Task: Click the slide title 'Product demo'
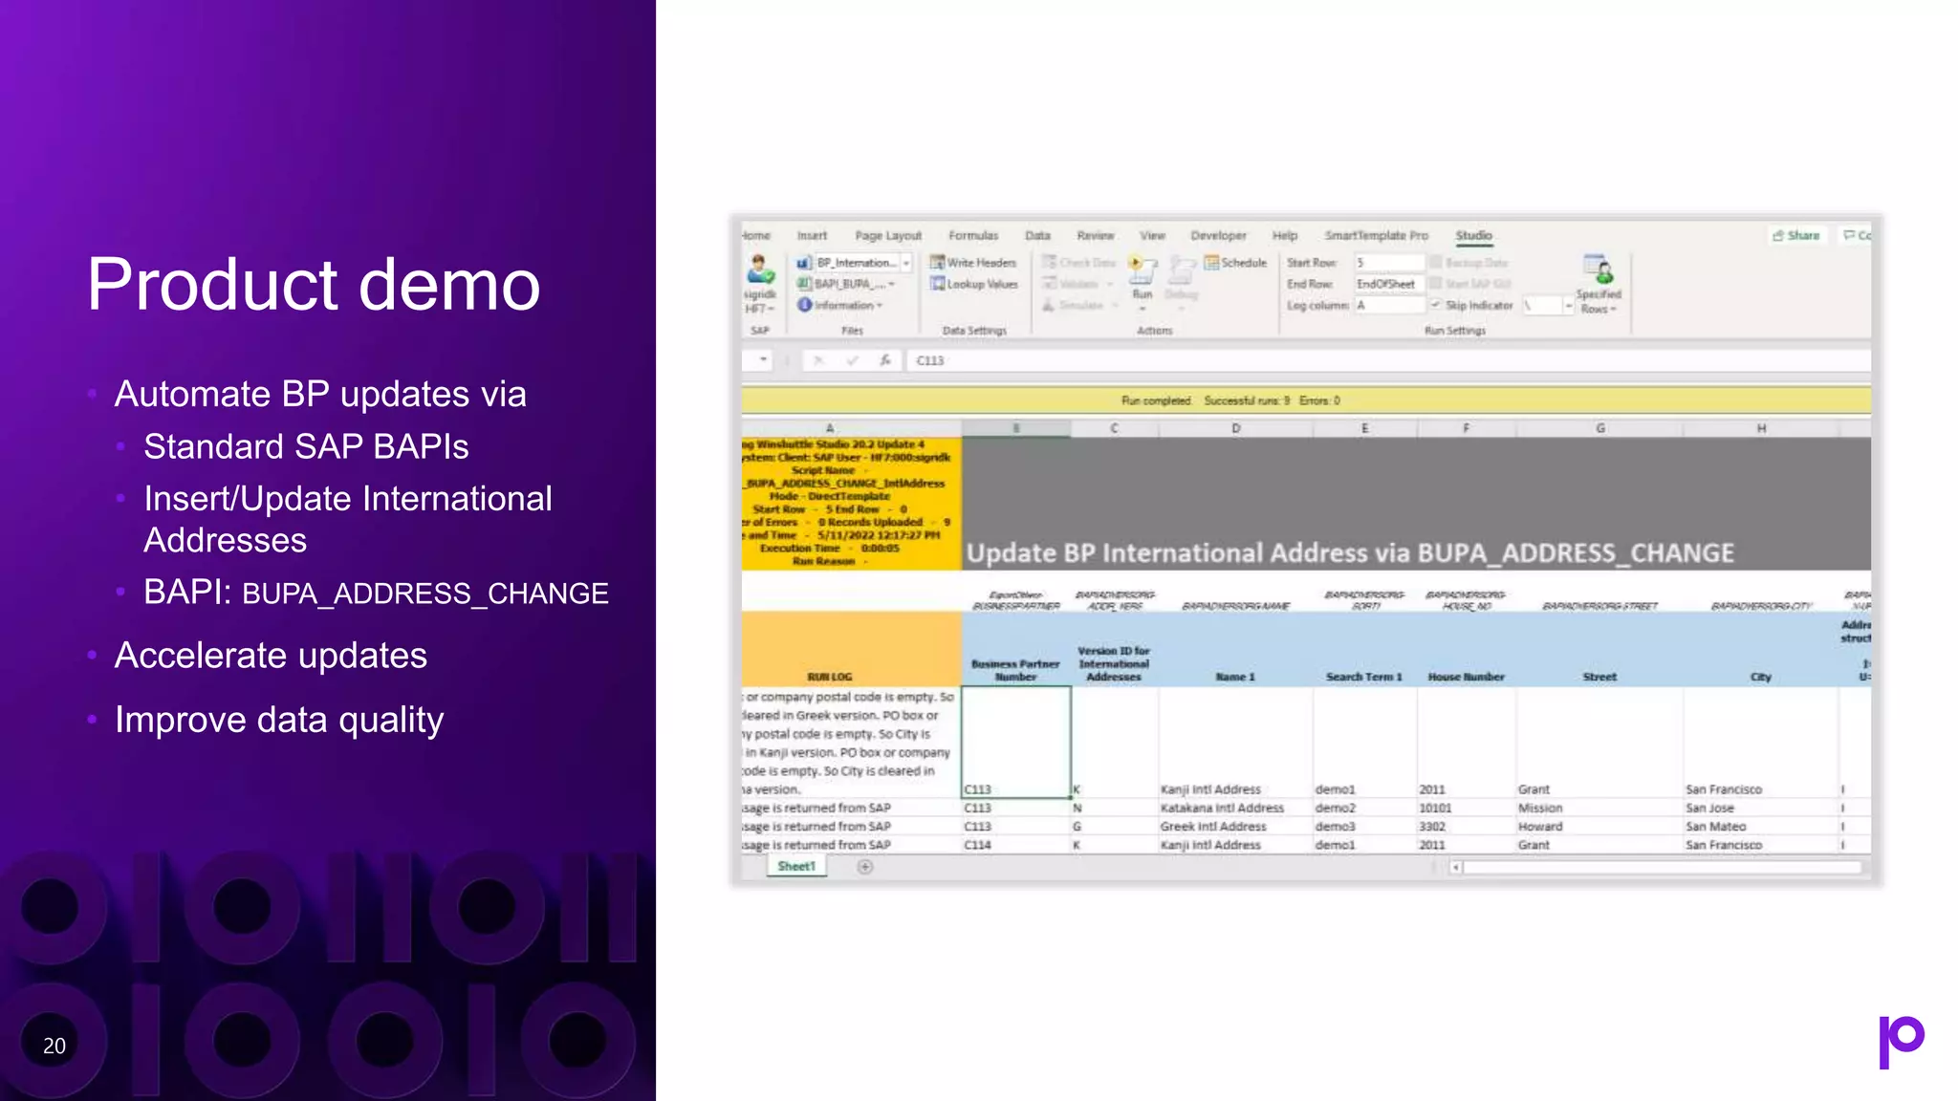(x=314, y=285)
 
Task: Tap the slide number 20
(x=54, y=1047)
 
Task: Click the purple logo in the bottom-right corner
(x=1901, y=1041)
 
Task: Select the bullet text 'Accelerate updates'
(x=271, y=656)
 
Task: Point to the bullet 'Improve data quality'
(x=279, y=720)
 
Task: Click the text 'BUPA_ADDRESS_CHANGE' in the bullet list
(x=425, y=594)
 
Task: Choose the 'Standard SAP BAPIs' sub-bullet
(x=306, y=446)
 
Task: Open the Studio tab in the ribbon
(x=1473, y=235)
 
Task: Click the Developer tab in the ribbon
(x=1218, y=235)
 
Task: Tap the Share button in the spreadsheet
(x=1796, y=235)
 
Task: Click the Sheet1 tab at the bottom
(x=796, y=867)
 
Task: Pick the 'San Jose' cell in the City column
(x=1709, y=809)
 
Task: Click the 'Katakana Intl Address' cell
(x=1222, y=809)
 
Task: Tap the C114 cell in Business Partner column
(x=978, y=846)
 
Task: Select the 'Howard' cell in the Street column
(x=1540, y=827)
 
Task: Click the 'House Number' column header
(x=1466, y=677)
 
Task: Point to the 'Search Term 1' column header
(x=1363, y=677)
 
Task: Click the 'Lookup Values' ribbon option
(x=974, y=284)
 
